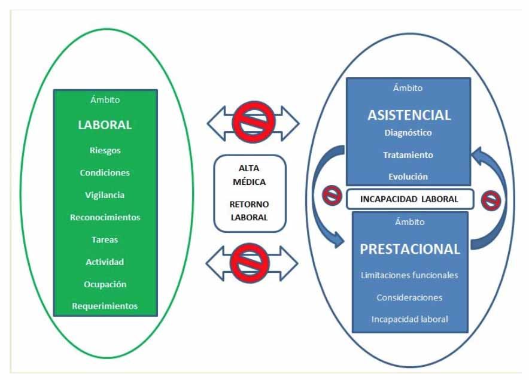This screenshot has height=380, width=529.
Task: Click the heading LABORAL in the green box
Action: (105, 125)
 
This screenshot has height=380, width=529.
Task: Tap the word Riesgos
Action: (105, 150)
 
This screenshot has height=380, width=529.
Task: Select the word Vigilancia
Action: (105, 195)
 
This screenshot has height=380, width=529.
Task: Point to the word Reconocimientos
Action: (105, 217)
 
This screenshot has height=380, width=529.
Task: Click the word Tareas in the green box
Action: (105, 239)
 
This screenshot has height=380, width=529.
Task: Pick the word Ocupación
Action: (105, 284)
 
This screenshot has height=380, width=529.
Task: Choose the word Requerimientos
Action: (105, 306)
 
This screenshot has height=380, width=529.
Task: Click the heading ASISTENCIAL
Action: (409, 115)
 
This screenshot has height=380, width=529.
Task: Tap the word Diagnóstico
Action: (408, 133)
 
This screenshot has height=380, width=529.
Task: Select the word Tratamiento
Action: (408, 155)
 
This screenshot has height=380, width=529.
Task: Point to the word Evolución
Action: (408, 177)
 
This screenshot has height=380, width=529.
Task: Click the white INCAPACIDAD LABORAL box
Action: (410, 199)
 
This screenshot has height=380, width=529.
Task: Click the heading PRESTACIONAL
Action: (410, 249)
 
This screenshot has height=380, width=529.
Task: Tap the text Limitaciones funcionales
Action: (409, 275)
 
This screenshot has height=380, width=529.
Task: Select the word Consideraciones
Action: (409, 297)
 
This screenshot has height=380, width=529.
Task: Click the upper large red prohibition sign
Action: (254, 122)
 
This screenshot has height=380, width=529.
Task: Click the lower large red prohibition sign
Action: (250, 263)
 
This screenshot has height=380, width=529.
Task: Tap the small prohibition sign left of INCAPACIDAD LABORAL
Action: (332, 196)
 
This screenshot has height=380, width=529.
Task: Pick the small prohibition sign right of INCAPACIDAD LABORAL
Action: (491, 201)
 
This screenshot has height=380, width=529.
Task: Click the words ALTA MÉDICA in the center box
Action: (250, 175)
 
